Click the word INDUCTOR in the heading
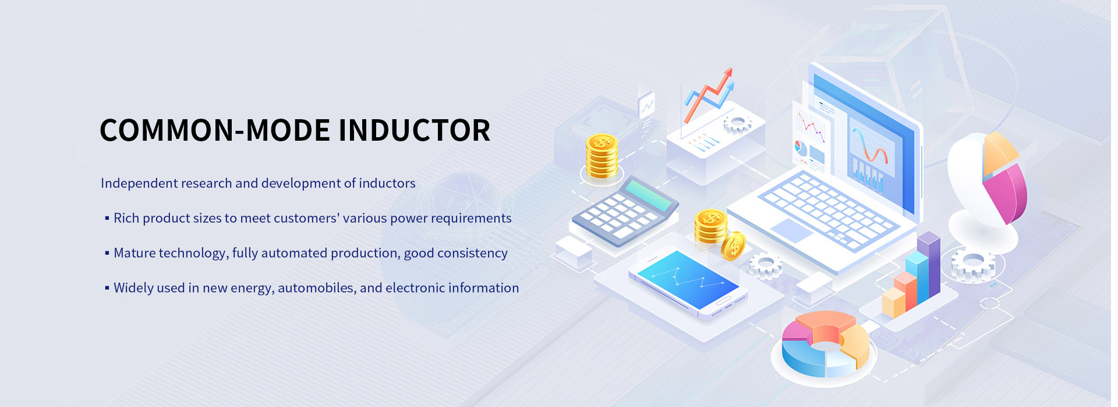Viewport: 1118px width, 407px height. point(414,130)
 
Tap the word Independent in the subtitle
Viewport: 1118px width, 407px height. point(137,184)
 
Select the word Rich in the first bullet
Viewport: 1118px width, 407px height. point(126,218)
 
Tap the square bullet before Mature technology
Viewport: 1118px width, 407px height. point(107,253)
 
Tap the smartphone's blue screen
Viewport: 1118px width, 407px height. point(688,279)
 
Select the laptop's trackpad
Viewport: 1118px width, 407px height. point(791,230)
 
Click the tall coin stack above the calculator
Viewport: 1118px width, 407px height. point(602,156)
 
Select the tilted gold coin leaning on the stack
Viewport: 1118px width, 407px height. point(733,246)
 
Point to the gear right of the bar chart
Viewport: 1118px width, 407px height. point(972,264)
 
